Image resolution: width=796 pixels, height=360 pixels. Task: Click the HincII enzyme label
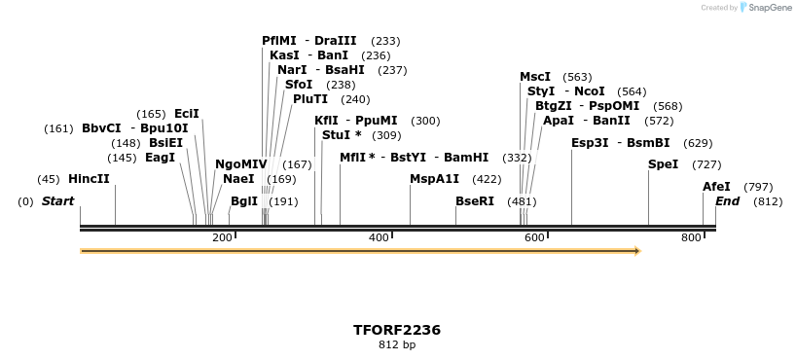[x=89, y=179]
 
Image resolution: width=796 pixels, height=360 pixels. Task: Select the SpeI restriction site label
[x=663, y=163]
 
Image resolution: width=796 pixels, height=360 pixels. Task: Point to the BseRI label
[x=475, y=201]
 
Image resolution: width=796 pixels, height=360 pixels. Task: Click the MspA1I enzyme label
[x=434, y=179]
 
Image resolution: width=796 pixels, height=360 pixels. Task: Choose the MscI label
[x=535, y=77]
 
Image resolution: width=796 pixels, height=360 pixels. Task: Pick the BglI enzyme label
[x=244, y=201]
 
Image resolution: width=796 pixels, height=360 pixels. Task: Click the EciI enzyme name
[x=186, y=114]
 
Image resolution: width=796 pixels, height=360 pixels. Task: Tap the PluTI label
[x=310, y=98]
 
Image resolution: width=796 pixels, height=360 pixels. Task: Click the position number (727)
[x=706, y=164]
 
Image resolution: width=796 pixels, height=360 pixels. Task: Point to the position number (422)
[x=487, y=180]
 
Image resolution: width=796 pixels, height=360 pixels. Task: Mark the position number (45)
[x=49, y=179]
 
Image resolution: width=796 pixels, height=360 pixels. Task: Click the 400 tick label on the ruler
[x=379, y=237]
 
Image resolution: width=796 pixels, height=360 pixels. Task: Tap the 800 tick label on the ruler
[x=691, y=237]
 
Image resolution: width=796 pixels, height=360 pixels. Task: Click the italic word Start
[x=57, y=201]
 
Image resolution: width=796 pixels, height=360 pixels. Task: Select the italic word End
[x=727, y=201]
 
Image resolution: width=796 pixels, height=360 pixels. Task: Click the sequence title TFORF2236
[x=397, y=330]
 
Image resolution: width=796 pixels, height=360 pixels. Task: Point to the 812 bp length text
[x=397, y=344]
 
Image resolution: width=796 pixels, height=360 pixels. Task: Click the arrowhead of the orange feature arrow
[x=637, y=251]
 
